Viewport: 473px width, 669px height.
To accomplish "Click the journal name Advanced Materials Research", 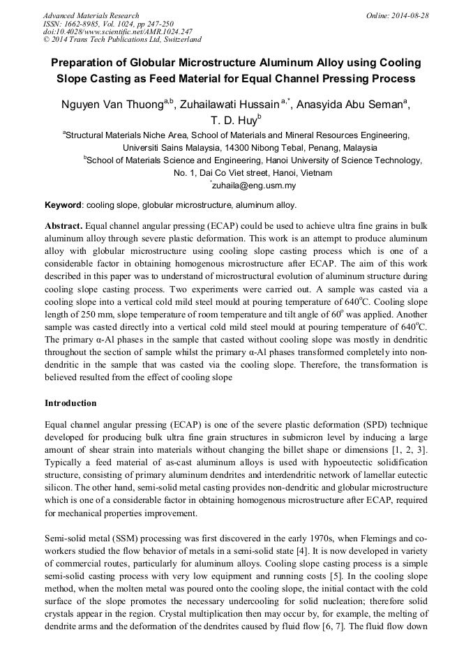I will [91, 15].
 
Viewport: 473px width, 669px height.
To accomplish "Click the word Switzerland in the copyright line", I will [179, 40].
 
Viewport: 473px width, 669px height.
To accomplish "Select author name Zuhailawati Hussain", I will [229, 105].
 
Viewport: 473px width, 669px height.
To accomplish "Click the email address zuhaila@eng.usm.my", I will [254, 186].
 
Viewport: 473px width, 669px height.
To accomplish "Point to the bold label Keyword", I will [63, 205].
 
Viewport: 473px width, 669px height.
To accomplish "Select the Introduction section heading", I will [70, 403].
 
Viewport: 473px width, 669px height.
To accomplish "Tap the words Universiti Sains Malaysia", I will [174, 148].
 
